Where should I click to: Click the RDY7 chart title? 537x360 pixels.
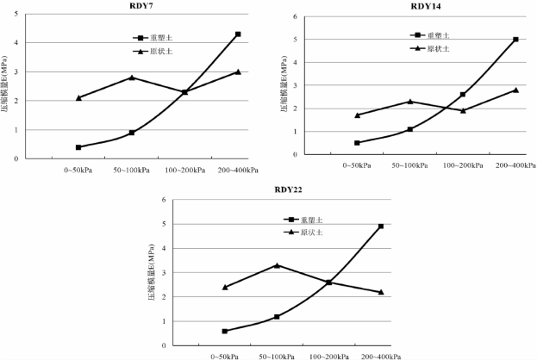click(x=131, y=7)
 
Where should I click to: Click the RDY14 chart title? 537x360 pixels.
click(x=424, y=7)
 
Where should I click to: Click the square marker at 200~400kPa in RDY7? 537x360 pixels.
click(x=238, y=34)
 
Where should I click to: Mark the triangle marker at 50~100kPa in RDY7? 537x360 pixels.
click(x=132, y=78)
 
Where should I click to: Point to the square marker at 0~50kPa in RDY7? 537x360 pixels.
click(x=78, y=147)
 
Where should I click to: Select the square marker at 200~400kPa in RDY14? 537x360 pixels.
click(x=515, y=40)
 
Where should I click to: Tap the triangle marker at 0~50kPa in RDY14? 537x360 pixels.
click(x=358, y=115)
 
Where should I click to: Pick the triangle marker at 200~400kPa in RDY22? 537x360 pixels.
click(x=380, y=292)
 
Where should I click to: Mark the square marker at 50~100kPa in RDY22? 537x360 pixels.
click(x=276, y=317)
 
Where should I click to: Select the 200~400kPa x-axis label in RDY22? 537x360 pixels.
click(x=381, y=356)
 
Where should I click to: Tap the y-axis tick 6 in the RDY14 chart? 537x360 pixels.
click(x=296, y=17)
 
